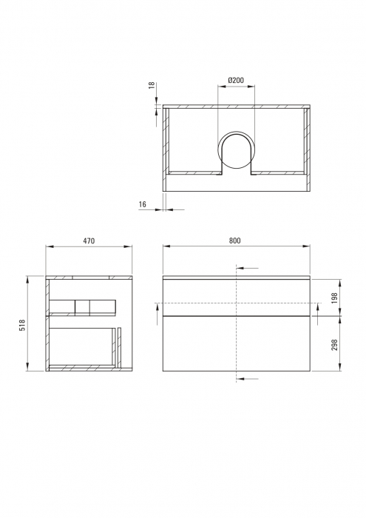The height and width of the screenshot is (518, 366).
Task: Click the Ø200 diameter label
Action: [x=236, y=79]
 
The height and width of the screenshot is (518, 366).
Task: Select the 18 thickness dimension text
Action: [x=152, y=86]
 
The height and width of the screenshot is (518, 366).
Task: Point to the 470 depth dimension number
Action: [x=88, y=241]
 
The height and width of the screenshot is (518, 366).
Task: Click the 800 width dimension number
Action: [x=234, y=241]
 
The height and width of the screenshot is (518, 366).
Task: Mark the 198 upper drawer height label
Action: [x=334, y=297]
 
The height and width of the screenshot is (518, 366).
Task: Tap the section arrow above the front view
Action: [x=248, y=267]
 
